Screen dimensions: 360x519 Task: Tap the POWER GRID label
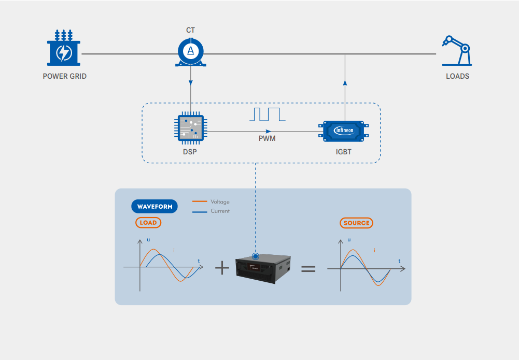tap(64, 76)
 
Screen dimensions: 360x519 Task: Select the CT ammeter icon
tap(191, 52)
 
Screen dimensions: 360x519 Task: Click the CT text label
tap(191, 31)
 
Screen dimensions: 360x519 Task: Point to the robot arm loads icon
tap(457, 50)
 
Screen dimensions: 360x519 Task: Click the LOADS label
tap(457, 76)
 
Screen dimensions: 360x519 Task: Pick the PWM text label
tap(267, 139)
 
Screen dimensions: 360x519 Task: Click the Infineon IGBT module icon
tap(344, 131)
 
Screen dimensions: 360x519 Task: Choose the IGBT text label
tap(344, 152)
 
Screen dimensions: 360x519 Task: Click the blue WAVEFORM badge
tap(154, 207)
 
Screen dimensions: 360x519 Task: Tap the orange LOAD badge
tap(148, 223)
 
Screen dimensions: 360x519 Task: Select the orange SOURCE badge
tap(357, 223)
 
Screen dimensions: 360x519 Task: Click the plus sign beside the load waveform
tap(222, 268)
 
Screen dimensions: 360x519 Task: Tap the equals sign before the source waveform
tap(308, 268)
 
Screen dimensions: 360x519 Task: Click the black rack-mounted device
tap(263, 268)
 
